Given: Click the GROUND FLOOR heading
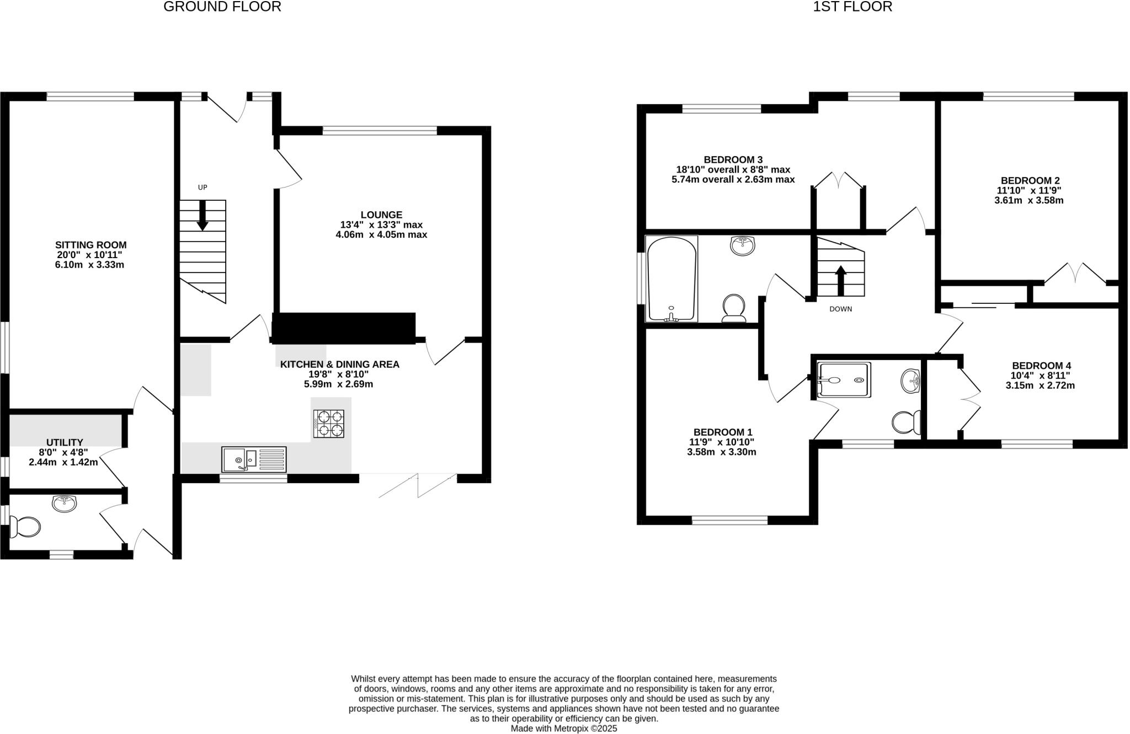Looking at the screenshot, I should click(222, 7).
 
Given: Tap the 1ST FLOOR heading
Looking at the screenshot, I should click(852, 7).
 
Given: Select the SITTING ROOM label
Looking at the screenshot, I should click(90, 245).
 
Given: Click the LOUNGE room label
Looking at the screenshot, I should click(381, 215).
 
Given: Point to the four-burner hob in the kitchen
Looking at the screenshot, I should click(329, 424).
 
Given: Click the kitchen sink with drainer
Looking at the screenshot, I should click(254, 459).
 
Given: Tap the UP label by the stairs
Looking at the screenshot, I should click(202, 187).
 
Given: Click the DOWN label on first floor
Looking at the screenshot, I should click(840, 309).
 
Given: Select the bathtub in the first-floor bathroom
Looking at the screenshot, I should click(671, 279).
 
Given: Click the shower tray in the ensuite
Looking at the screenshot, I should click(844, 380).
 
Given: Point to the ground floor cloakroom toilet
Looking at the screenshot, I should click(25, 527).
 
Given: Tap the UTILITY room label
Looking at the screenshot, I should click(65, 442).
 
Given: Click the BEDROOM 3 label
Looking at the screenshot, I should click(733, 160).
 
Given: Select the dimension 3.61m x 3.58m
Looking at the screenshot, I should click(1028, 201).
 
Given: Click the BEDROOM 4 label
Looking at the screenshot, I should click(1041, 366).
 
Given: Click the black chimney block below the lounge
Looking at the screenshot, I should click(343, 328).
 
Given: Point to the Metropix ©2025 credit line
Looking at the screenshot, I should click(563, 728).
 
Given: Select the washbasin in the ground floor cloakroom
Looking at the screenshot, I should click(65, 503).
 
